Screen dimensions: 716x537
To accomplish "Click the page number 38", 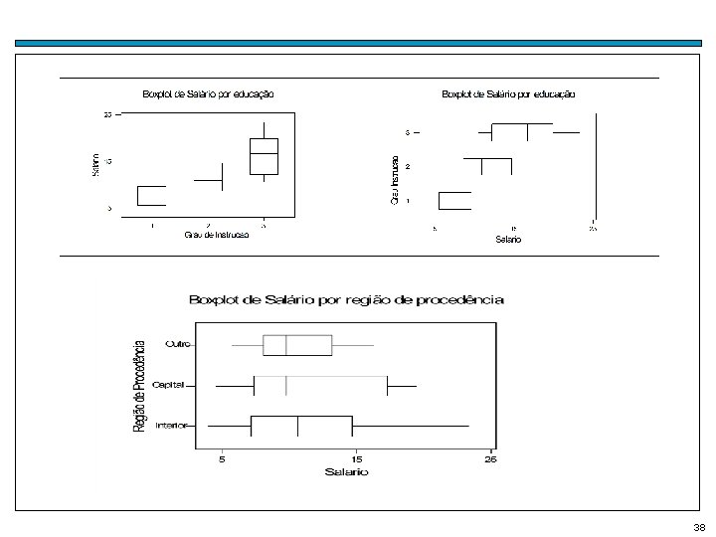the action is (698, 527).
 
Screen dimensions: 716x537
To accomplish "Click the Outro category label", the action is (178, 345).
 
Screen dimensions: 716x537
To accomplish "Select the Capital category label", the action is (174, 385).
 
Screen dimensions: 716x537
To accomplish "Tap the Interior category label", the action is (174, 426).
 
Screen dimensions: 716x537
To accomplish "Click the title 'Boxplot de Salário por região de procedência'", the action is (347, 298).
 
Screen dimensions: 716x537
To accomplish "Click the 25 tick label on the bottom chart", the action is (489, 459).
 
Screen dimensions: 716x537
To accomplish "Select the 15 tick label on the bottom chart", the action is (357, 459).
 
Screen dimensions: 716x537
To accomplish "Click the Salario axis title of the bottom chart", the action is (346, 472).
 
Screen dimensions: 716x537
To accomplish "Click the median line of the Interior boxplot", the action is (298, 426).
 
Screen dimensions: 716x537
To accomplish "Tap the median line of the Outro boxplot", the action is (286, 345).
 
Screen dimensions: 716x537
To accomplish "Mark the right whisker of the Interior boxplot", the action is (410, 426).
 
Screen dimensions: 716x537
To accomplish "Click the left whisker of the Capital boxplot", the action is (235, 385).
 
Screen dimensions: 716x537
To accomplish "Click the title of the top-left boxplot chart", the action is (209, 94).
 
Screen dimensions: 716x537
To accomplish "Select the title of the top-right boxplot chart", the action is (508, 94).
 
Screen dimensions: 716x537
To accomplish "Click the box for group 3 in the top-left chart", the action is (264, 154).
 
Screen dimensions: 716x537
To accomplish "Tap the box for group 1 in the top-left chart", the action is (151, 195).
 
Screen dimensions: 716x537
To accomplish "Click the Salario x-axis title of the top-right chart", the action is (508, 240).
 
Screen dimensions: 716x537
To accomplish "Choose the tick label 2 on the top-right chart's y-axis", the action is (407, 166).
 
